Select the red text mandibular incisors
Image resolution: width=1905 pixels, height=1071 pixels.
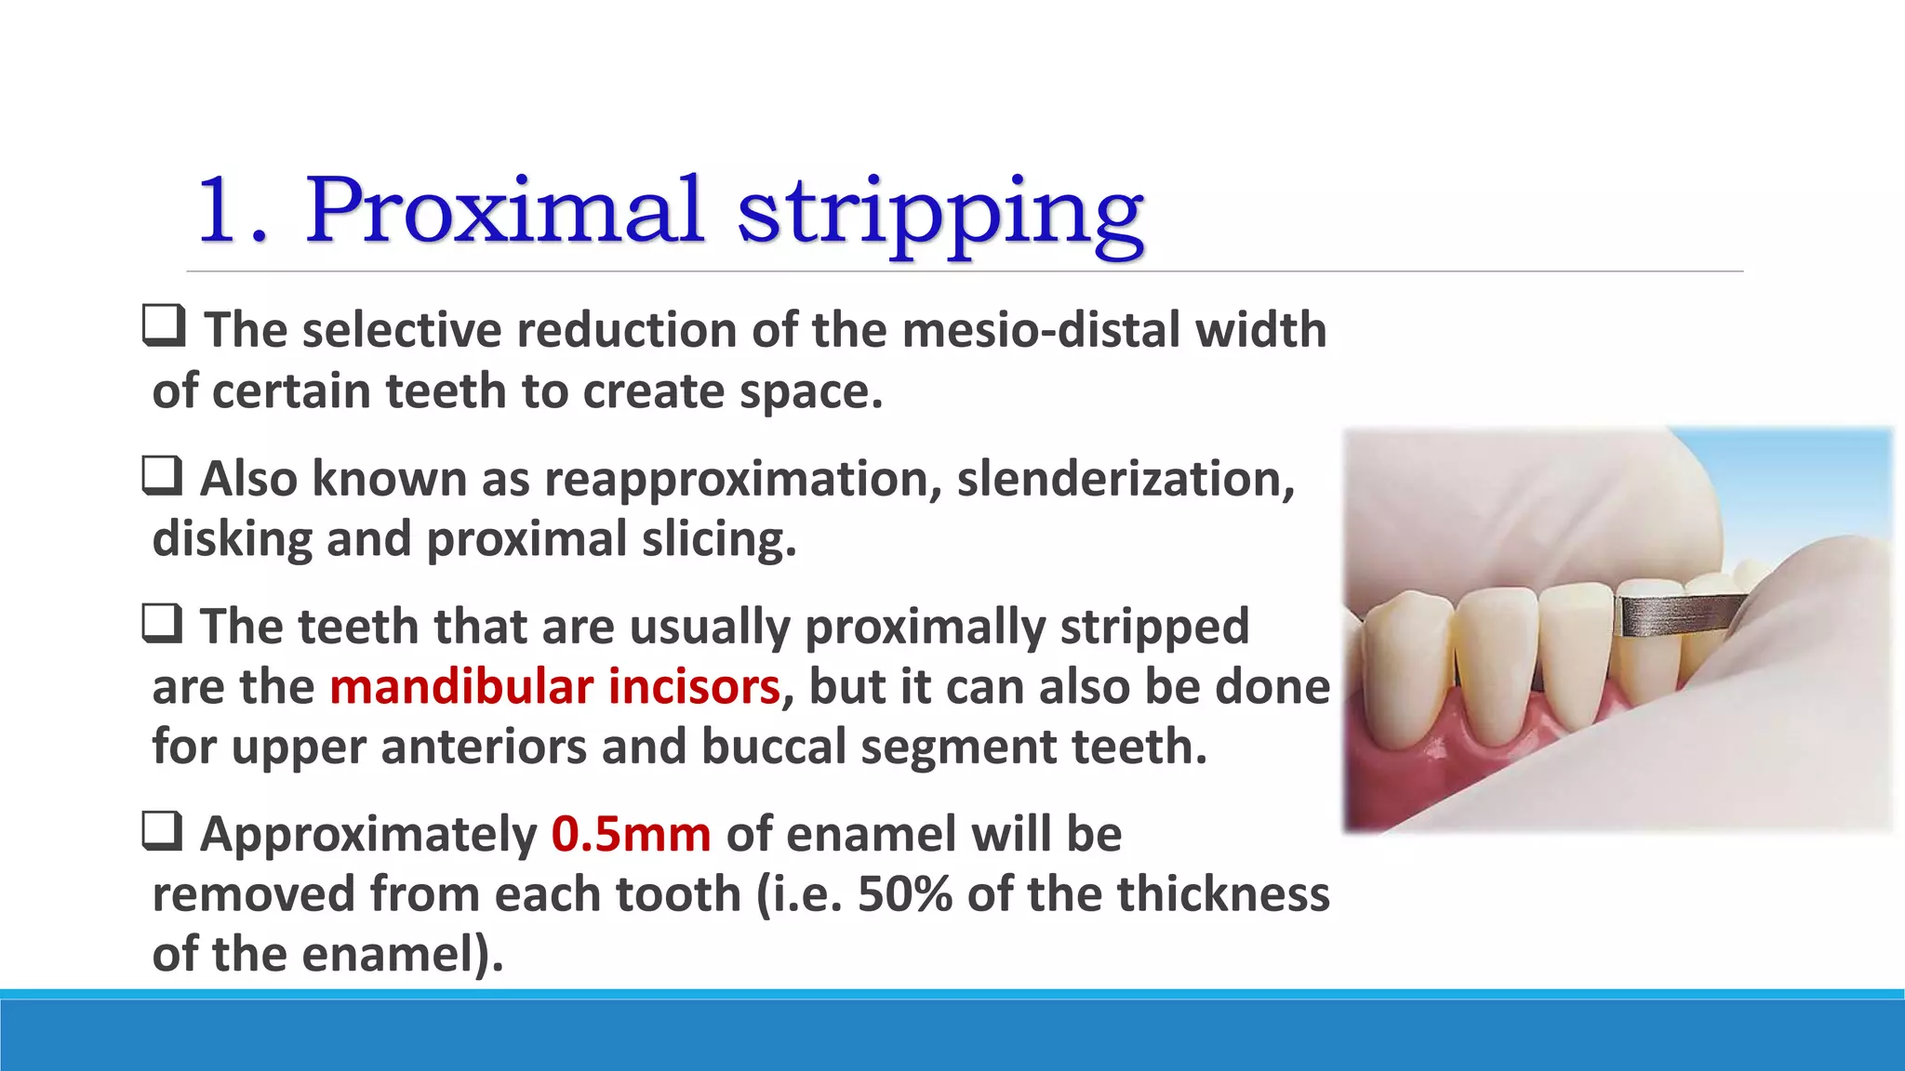(554, 687)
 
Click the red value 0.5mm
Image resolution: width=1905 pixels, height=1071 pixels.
(631, 834)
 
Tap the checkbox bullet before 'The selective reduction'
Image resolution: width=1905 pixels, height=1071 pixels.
(164, 326)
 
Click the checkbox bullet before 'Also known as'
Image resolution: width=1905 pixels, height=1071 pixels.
(162, 475)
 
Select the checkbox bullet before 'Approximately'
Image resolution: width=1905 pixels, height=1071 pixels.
(162, 830)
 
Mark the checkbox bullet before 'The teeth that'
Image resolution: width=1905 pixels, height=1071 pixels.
(162, 623)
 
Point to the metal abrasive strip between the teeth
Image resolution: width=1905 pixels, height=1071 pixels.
(1679, 615)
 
